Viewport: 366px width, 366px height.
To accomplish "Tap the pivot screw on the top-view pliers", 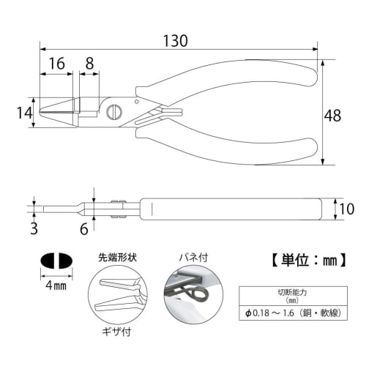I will pos(114,112).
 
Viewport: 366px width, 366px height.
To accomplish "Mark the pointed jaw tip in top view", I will pos(42,112).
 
